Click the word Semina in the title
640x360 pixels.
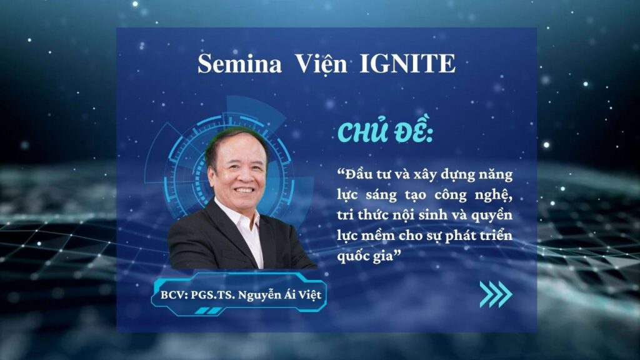pyautogui.click(x=239, y=64)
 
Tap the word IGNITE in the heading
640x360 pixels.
pyautogui.click(x=407, y=64)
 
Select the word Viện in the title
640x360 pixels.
pyautogui.click(x=321, y=64)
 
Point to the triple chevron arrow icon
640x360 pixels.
pyautogui.click(x=496, y=294)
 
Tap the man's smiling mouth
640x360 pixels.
pyautogui.click(x=244, y=190)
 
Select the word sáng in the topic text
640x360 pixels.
pyautogui.click(x=381, y=196)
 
